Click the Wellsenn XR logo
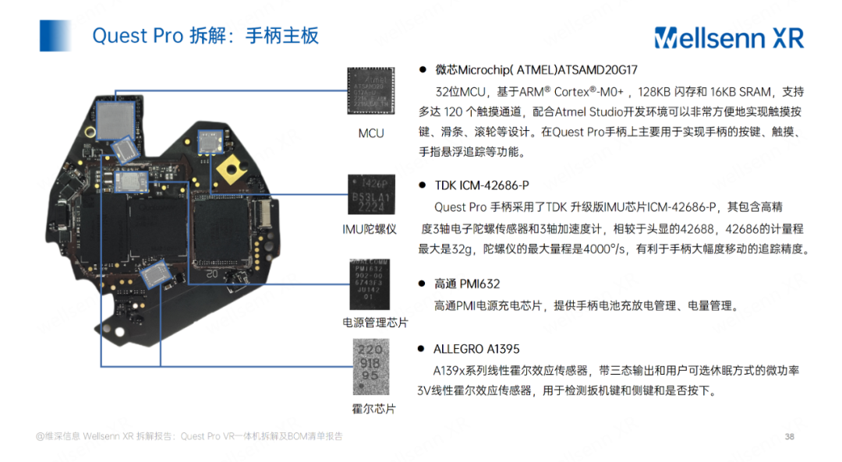(728, 37)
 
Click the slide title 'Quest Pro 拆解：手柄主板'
(205, 36)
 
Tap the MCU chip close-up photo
(371, 90)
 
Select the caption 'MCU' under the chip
(371, 133)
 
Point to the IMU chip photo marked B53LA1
(370, 194)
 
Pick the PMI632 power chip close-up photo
(370, 282)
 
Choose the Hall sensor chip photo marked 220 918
(370, 365)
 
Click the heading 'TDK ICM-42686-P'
(481, 185)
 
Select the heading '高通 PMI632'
(467, 284)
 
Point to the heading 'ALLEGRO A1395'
(476, 349)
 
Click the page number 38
(789, 436)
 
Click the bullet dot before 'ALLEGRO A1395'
(422, 349)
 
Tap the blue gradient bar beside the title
(56, 36)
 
